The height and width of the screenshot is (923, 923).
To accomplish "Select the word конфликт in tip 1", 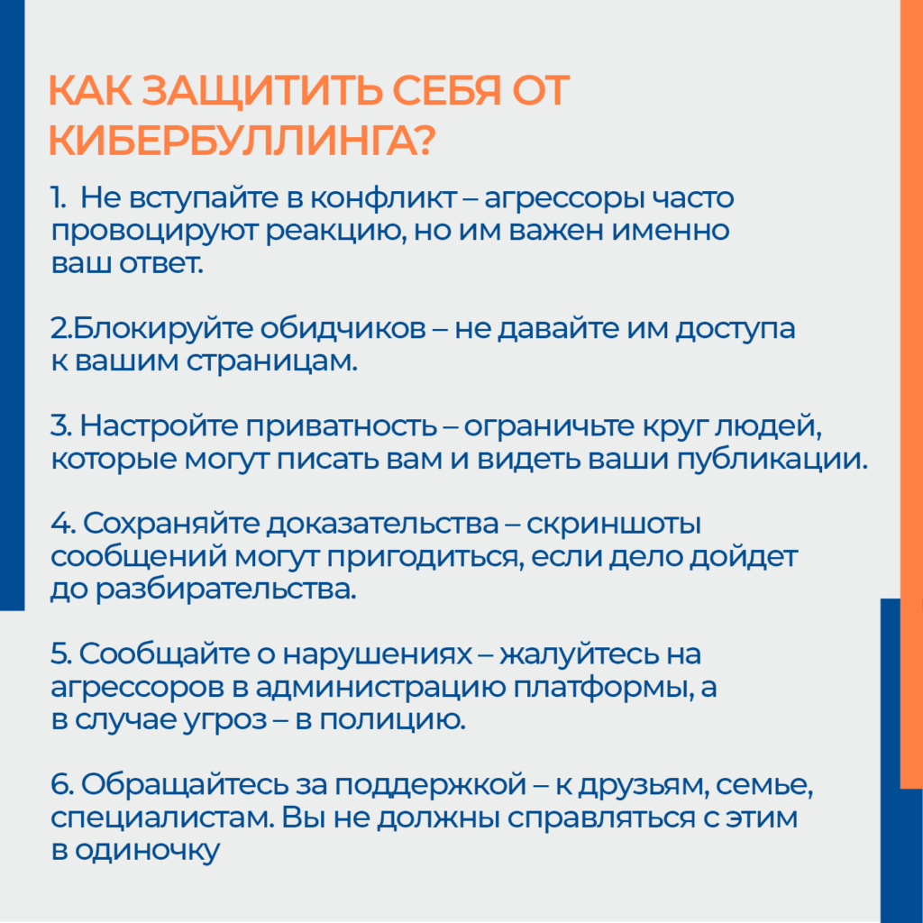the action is coord(383,198).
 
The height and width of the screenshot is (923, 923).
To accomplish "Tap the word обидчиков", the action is coord(343,328).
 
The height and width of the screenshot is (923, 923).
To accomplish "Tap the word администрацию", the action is coord(380,688).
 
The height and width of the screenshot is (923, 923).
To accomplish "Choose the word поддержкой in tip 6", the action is coord(431,786).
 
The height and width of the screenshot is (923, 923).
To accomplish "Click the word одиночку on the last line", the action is coord(147,851).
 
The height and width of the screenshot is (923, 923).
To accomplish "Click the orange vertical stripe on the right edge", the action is coord(911,395).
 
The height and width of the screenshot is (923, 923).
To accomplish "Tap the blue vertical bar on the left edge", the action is coord(12,305).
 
